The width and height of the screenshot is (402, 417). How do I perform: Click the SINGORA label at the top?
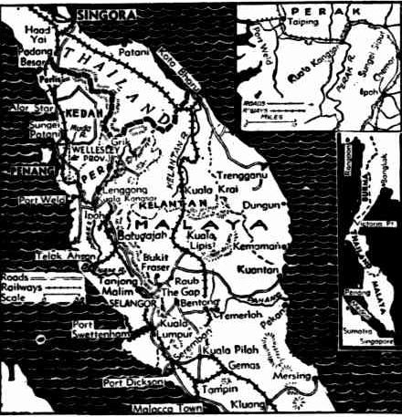(x=108, y=15)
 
